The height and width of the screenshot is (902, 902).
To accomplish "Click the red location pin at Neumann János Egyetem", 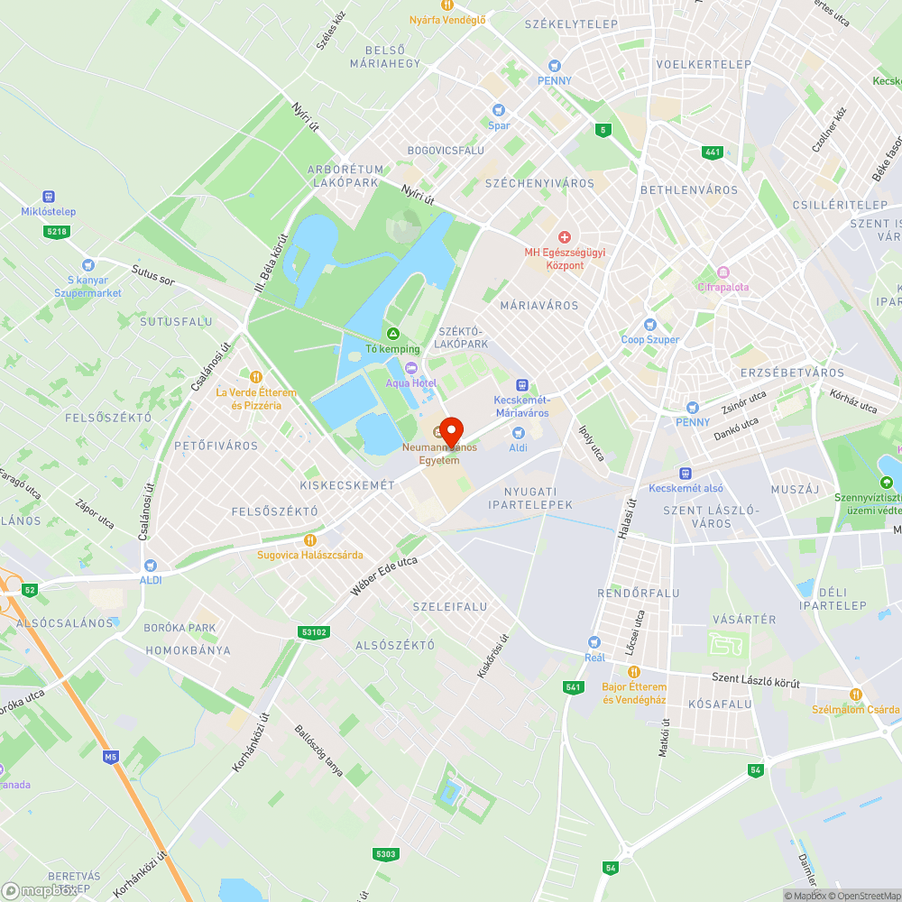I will point(450,429).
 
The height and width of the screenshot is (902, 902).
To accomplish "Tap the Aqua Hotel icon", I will point(411,367).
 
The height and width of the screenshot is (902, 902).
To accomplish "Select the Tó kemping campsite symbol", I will point(392,334).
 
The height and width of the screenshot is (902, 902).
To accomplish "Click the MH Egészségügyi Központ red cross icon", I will point(565,236).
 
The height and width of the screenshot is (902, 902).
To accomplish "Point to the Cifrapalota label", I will point(723,287).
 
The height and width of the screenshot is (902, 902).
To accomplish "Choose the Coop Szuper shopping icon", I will point(649,325).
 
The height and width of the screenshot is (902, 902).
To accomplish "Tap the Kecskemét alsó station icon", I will point(686,473).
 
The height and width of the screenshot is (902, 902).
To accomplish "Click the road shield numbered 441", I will point(713,152).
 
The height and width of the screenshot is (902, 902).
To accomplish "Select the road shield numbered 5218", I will point(57,232).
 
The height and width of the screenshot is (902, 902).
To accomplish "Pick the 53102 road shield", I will point(314,632).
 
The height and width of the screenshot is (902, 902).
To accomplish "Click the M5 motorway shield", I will point(111,756).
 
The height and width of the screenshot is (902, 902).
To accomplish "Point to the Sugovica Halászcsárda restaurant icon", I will point(310,539).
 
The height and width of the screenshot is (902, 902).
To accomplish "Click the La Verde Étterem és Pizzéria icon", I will point(256,377).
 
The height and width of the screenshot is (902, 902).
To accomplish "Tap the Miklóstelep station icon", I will point(49,197).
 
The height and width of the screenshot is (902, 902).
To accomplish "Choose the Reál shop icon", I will point(594,641).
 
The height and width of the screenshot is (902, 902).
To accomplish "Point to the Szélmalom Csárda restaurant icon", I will point(855,694).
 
